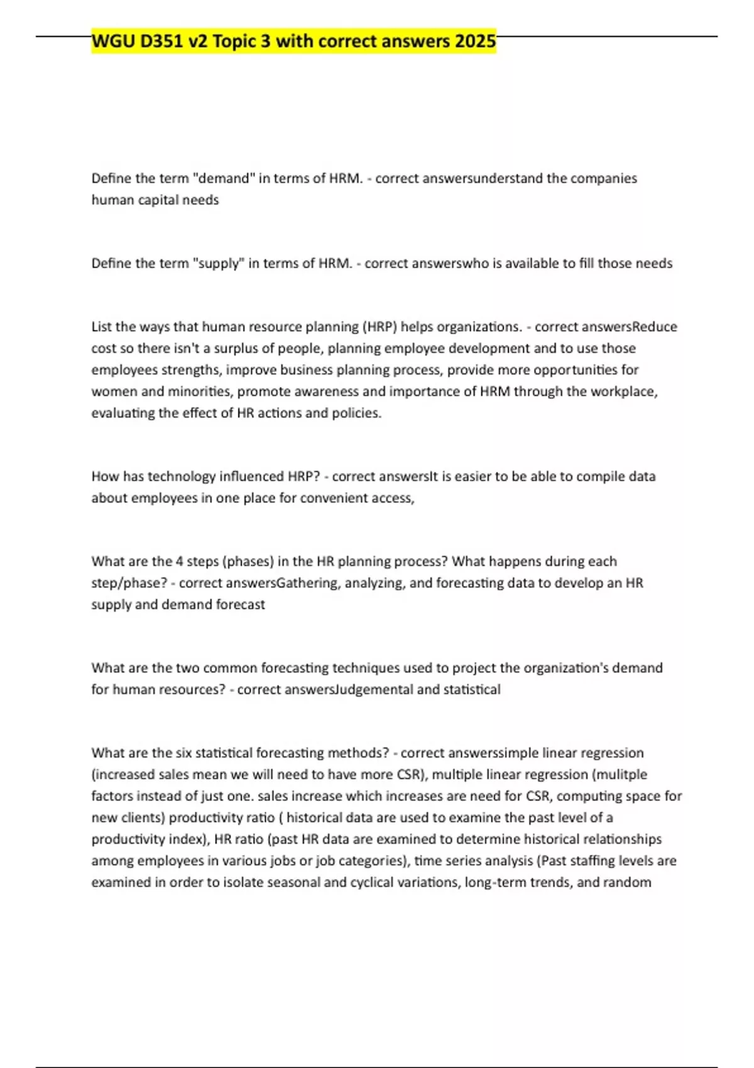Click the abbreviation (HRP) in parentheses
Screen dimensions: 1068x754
[380, 327]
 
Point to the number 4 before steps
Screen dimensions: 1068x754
[180, 561]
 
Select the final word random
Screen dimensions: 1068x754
[627, 882]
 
